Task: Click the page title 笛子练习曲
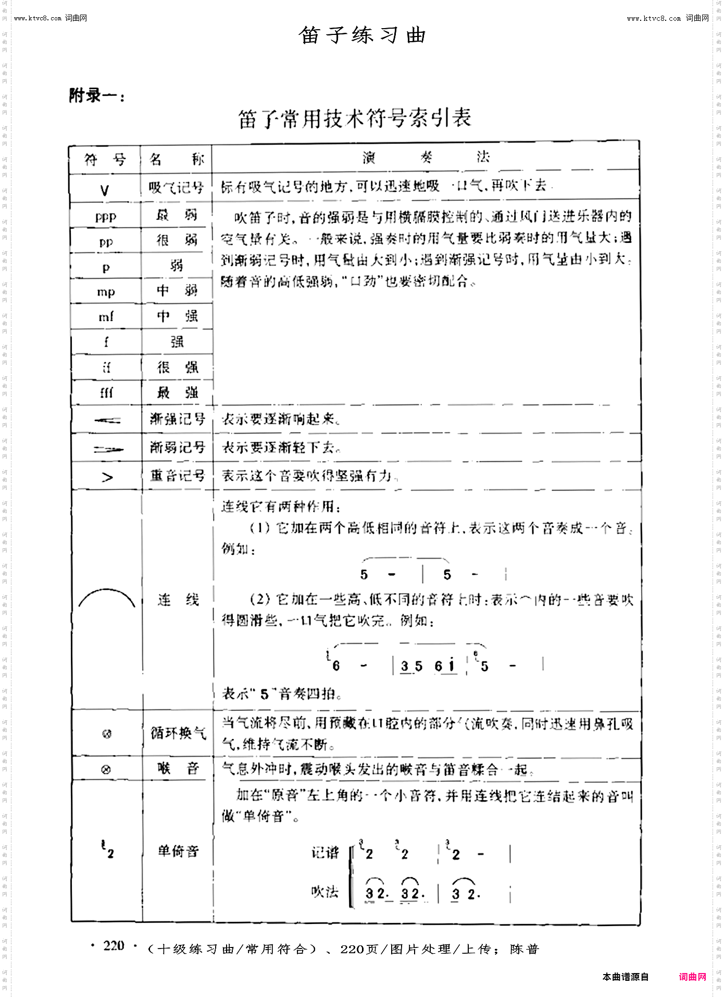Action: click(363, 35)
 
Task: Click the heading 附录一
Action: click(97, 96)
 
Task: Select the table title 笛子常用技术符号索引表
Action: click(355, 118)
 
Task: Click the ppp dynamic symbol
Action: click(106, 216)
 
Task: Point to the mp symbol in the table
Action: click(106, 292)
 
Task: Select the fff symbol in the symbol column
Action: click(106, 392)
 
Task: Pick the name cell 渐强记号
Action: click(177, 419)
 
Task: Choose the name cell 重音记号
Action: click(177, 475)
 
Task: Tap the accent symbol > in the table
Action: click(107, 477)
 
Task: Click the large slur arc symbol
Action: click(107, 598)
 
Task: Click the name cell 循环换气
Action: click(178, 733)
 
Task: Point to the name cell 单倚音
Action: click(178, 851)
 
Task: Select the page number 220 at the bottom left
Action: click(114, 945)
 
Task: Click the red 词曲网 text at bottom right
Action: click(693, 977)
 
